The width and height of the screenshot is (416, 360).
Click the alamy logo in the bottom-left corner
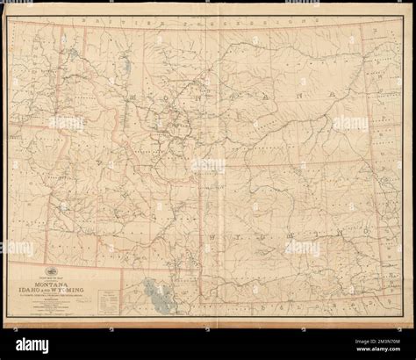[x=26, y=346]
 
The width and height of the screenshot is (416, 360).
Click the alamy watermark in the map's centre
[x=208, y=166]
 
